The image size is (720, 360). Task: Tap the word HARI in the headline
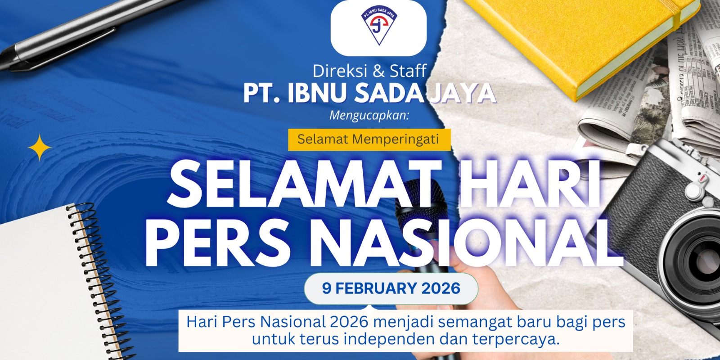(529, 184)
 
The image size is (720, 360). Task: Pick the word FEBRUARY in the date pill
(376, 288)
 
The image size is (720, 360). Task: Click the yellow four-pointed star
(40, 147)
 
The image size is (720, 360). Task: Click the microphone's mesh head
(418, 206)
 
